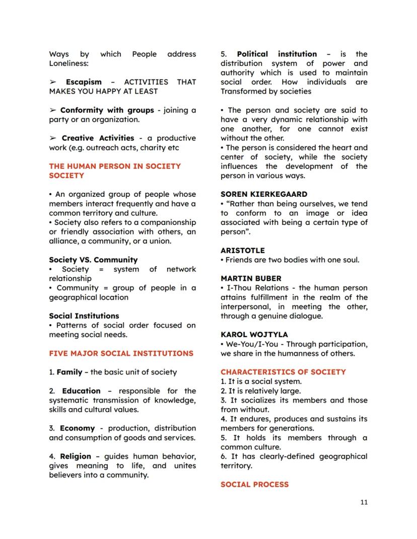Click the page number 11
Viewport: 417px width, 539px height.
pos(364,502)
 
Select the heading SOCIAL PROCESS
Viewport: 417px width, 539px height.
pos(254,484)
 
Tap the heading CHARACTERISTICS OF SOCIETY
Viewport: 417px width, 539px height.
pos(283,372)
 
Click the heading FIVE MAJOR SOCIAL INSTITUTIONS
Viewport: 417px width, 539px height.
pos(121,353)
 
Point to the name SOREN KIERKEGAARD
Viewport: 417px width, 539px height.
pos(263,194)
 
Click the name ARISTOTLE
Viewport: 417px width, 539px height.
pos(242,250)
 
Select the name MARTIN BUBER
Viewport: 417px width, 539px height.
pos(251,278)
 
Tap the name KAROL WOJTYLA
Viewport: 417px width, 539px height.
pos(254,334)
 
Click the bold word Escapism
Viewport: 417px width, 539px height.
pos(84,82)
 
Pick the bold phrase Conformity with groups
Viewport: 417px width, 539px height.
pos(107,110)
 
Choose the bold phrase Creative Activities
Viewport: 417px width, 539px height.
pos(98,138)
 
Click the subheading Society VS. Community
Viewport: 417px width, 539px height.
pos(93,260)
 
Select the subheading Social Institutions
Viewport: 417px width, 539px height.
pos(84,316)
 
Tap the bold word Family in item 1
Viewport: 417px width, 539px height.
pos(69,372)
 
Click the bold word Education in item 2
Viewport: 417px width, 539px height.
pos(81,391)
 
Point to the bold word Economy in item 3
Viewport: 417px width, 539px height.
pos(77,428)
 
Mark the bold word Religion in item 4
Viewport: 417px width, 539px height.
pos(76,456)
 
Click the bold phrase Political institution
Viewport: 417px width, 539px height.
pos(277,54)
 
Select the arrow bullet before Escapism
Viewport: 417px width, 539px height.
pos(53,82)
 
